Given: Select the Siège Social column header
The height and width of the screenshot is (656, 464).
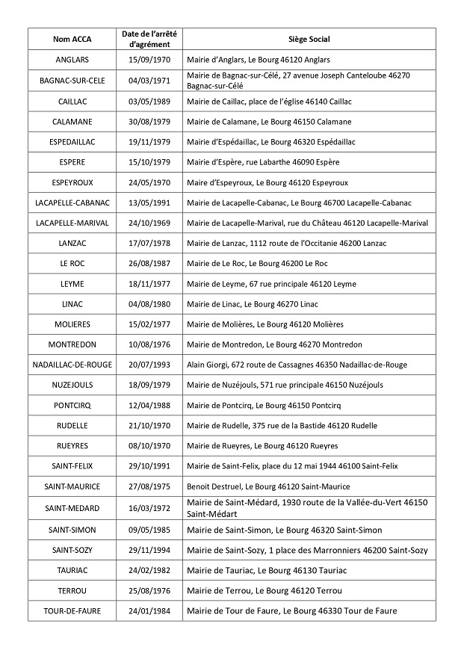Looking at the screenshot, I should [309, 39].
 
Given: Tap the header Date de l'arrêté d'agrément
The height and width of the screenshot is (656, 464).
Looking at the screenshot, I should [150, 39].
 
